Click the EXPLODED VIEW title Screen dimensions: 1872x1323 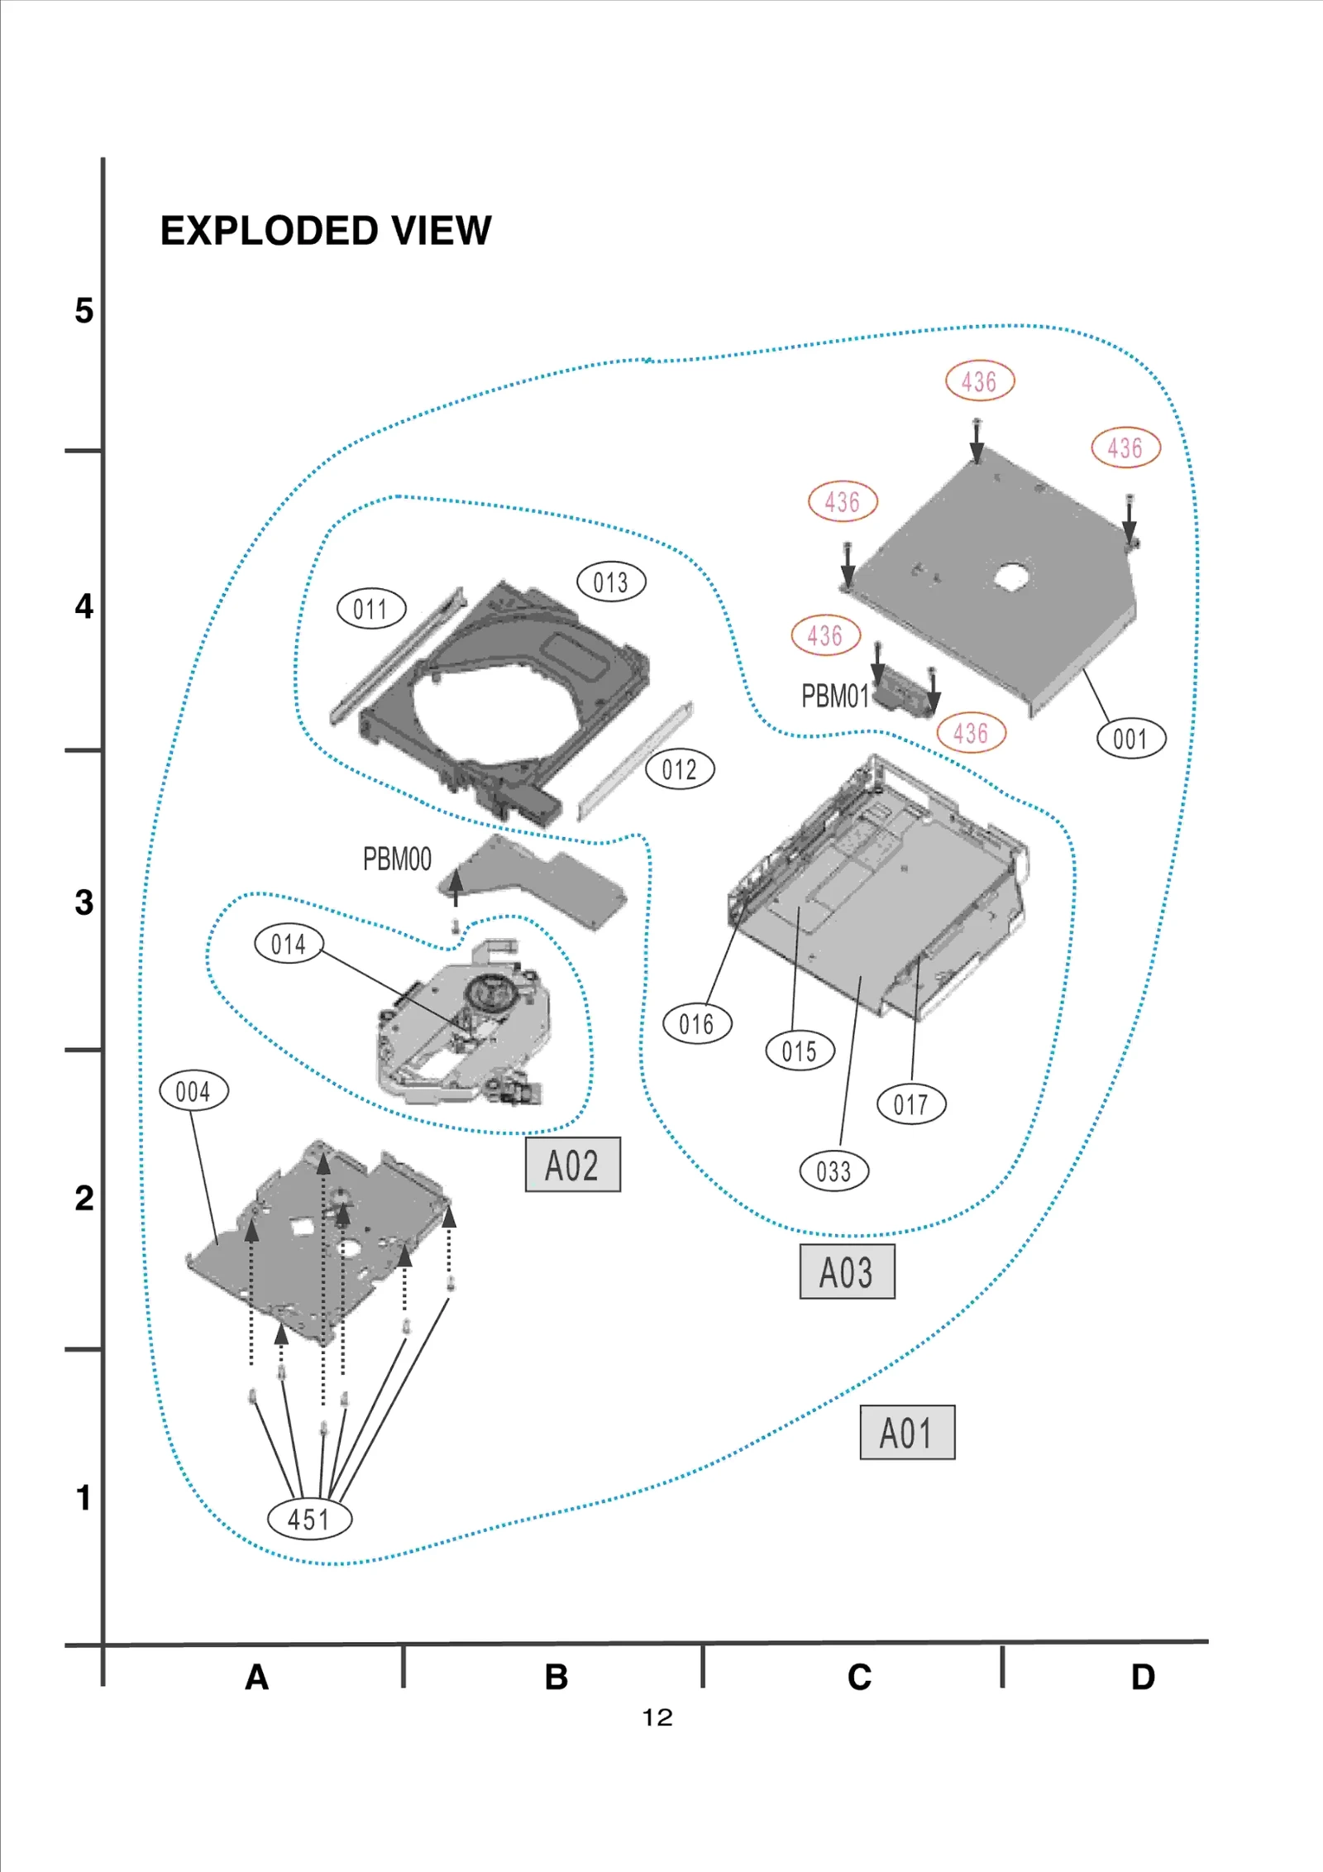[x=325, y=231]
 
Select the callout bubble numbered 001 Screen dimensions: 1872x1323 [x=1130, y=739]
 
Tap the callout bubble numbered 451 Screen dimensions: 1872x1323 [x=308, y=1520]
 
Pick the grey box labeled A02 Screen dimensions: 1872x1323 [x=572, y=1165]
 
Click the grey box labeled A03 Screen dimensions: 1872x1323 [x=847, y=1271]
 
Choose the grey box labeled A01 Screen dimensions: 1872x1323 [x=907, y=1432]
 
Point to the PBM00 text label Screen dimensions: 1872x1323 [x=397, y=859]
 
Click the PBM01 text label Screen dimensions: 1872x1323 [x=835, y=697]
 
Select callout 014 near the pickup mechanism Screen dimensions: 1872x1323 [x=289, y=944]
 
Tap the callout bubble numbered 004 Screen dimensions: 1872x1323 [x=193, y=1091]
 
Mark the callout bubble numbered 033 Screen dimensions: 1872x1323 [x=833, y=1171]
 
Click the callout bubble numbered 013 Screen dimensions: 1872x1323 [x=611, y=582]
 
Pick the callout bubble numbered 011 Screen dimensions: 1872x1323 [x=371, y=610]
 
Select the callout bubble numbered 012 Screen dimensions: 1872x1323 [x=680, y=769]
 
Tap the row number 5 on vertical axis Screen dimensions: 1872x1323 [x=84, y=311]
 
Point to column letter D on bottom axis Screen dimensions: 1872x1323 [x=1143, y=1677]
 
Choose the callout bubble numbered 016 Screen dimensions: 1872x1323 [x=697, y=1024]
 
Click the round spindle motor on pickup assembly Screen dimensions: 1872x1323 [x=485, y=989]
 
